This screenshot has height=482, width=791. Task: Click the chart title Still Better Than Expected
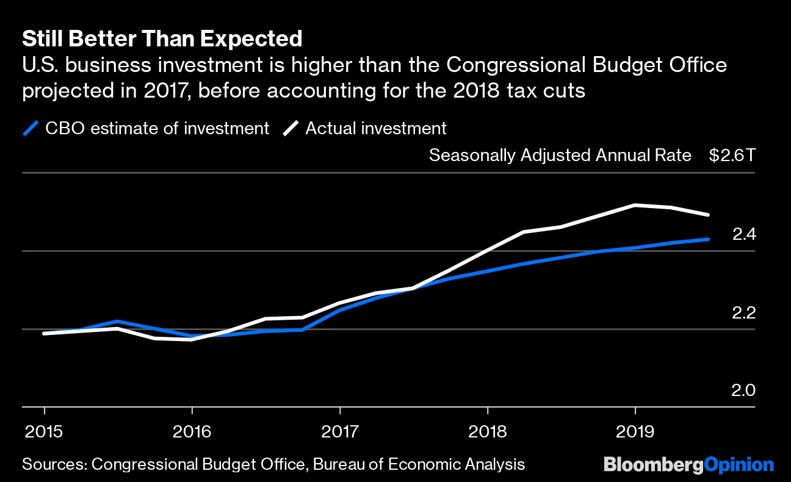(x=162, y=39)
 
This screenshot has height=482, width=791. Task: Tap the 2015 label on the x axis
(x=44, y=433)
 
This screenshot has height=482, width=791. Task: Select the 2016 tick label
(x=192, y=433)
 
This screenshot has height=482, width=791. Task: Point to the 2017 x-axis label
(x=339, y=433)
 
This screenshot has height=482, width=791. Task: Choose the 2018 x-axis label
(x=488, y=433)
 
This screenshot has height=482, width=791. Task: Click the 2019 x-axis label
(x=635, y=433)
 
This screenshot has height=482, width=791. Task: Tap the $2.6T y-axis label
(x=732, y=155)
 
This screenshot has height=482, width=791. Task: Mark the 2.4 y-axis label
(x=743, y=234)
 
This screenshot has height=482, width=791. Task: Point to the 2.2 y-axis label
(x=743, y=312)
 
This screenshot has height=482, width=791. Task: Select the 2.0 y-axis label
(x=743, y=390)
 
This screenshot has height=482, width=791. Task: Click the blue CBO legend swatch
(x=31, y=129)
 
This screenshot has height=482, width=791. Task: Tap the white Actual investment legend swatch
(x=292, y=129)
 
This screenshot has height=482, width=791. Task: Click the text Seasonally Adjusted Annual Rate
(x=560, y=155)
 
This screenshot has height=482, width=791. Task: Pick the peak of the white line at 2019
(x=635, y=205)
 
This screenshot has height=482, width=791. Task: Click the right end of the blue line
(x=708, y=239)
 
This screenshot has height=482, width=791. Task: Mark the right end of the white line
(x=708, y=215)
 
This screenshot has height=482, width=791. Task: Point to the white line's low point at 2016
(x=192, y=339)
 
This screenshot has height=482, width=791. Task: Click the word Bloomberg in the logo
(x=653, y=464)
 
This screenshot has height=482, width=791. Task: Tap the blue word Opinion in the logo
(x=739, y=464)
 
